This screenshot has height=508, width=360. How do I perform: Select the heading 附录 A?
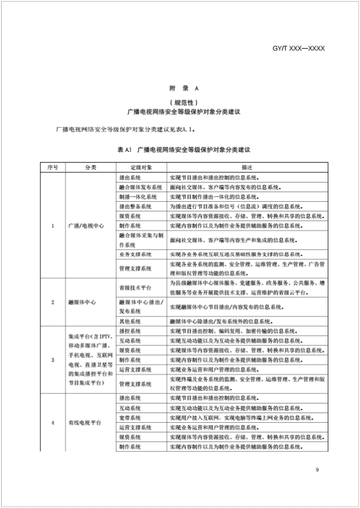pos(180,88)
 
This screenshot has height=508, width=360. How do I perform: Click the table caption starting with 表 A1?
pos(180,147)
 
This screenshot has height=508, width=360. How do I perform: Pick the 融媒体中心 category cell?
pos(82,302)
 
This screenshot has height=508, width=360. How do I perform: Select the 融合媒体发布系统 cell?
pos(141,187)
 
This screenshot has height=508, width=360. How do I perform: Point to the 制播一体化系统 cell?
pos(138,196)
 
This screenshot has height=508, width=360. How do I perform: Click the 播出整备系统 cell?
pos(135,206)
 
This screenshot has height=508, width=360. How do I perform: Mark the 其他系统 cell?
pos(130,321)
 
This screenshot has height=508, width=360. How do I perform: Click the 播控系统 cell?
pos(130,331)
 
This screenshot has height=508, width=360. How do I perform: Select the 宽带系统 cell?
pos(130,417)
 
